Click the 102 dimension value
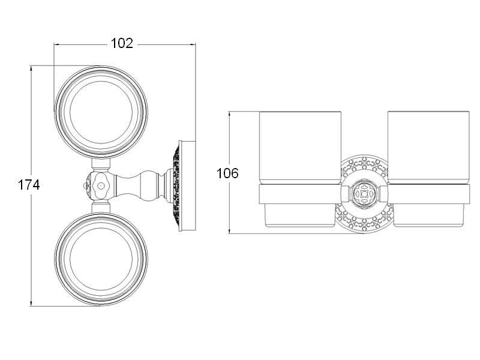[x=122, y=43]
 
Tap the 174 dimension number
[x=29, y=185]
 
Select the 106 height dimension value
[x=227, y=173]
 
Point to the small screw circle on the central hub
[x=100, y=185]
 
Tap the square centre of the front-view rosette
[x=364, y=193]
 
